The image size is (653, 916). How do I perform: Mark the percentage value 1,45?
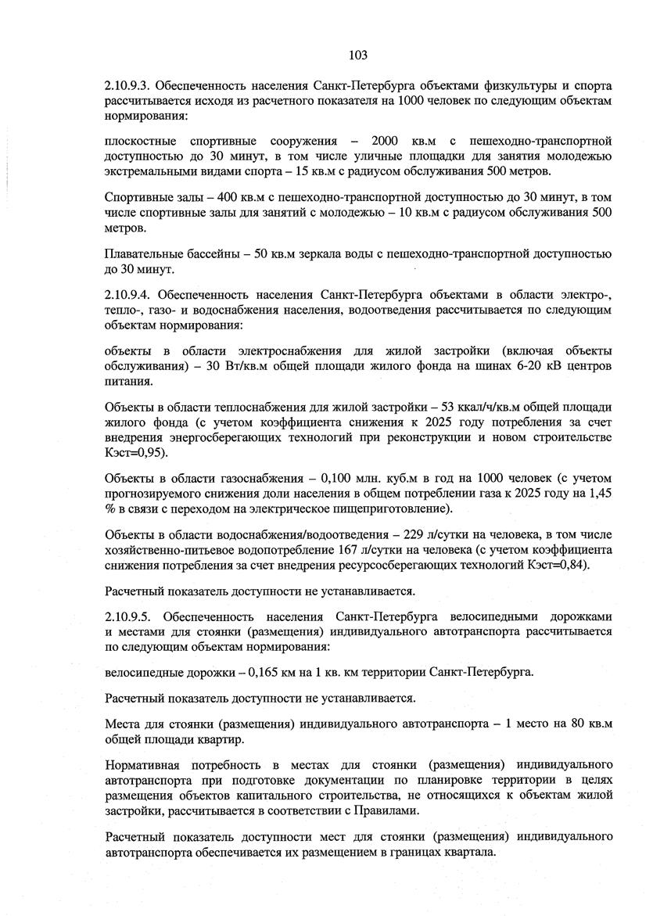(x=597, y=493)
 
